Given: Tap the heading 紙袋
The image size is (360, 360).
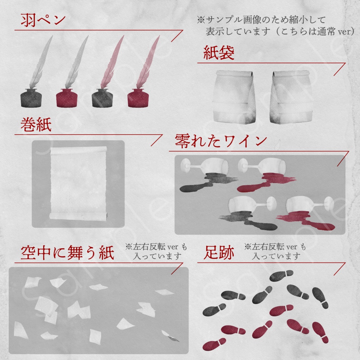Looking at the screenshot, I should tap(219, 53).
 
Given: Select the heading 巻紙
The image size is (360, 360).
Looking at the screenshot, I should tap(36, 125).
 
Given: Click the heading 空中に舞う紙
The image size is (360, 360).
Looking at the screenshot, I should tap(67, 253).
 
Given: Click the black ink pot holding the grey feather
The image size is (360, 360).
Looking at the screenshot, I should tap(31, 98).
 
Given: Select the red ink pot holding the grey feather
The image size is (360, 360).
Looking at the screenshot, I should tap(66, 98).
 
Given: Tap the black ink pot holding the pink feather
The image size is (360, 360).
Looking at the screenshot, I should tap(102, 98).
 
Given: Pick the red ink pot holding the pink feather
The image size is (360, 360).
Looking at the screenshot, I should tap(138, 98).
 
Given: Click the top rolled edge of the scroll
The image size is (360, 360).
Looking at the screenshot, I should tap(78, 150).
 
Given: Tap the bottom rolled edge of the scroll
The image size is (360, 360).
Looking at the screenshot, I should tap(78, 217).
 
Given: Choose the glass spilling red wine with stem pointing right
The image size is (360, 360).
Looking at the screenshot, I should tap(302, 206).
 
